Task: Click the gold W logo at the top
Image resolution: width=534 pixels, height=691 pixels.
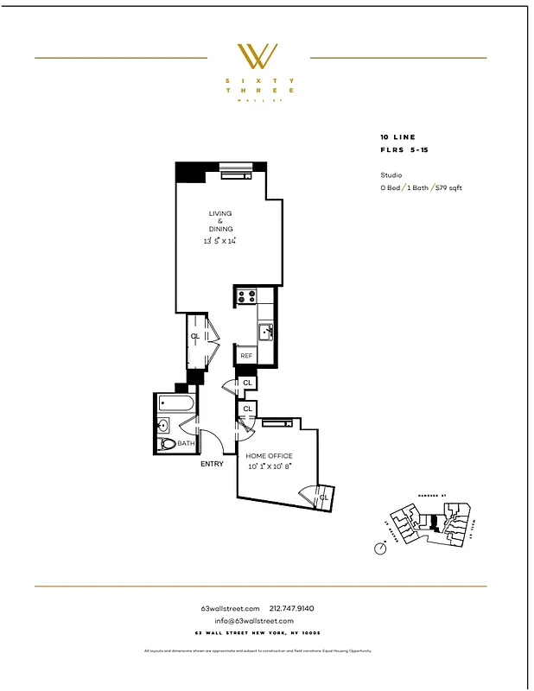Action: point(257,56)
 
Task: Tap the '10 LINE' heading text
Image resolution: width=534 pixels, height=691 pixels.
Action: point(397,137)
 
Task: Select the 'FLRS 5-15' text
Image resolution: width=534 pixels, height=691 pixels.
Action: point(403,149)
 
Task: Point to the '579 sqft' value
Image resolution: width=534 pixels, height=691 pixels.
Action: point(448,187)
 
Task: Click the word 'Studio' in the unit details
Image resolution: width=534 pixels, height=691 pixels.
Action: point(391,174)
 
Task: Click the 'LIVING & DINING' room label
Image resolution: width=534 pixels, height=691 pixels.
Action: point(219,221)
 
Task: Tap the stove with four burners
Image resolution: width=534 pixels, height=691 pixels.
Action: point(245,297)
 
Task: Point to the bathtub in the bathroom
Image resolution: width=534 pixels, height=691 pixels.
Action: point(176,402)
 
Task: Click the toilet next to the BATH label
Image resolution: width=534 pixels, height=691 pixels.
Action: point(168,443)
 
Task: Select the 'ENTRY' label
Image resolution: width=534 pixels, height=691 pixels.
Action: point(212,464)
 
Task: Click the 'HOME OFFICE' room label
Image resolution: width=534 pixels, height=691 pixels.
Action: point(269,456)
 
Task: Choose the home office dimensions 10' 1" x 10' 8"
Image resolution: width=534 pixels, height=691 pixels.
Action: point(269,466)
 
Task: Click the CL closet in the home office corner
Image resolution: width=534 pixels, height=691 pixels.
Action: point(323,498)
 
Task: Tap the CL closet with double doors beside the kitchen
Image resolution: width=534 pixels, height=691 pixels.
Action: point(196,337)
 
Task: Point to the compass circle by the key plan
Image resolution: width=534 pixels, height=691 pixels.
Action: point(380,548)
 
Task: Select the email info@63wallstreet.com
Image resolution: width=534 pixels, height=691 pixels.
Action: point(254,620)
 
